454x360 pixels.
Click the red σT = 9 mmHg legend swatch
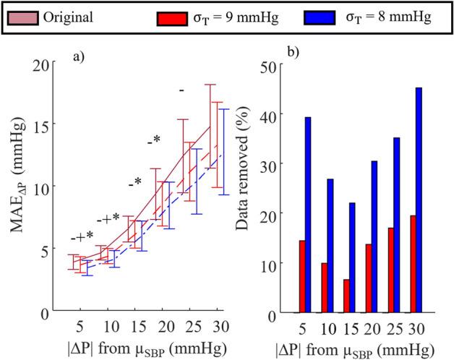(x=168, y=15)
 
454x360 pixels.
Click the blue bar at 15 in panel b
(x=352, y=257)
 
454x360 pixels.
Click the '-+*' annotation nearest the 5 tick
(x=82, y=236)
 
